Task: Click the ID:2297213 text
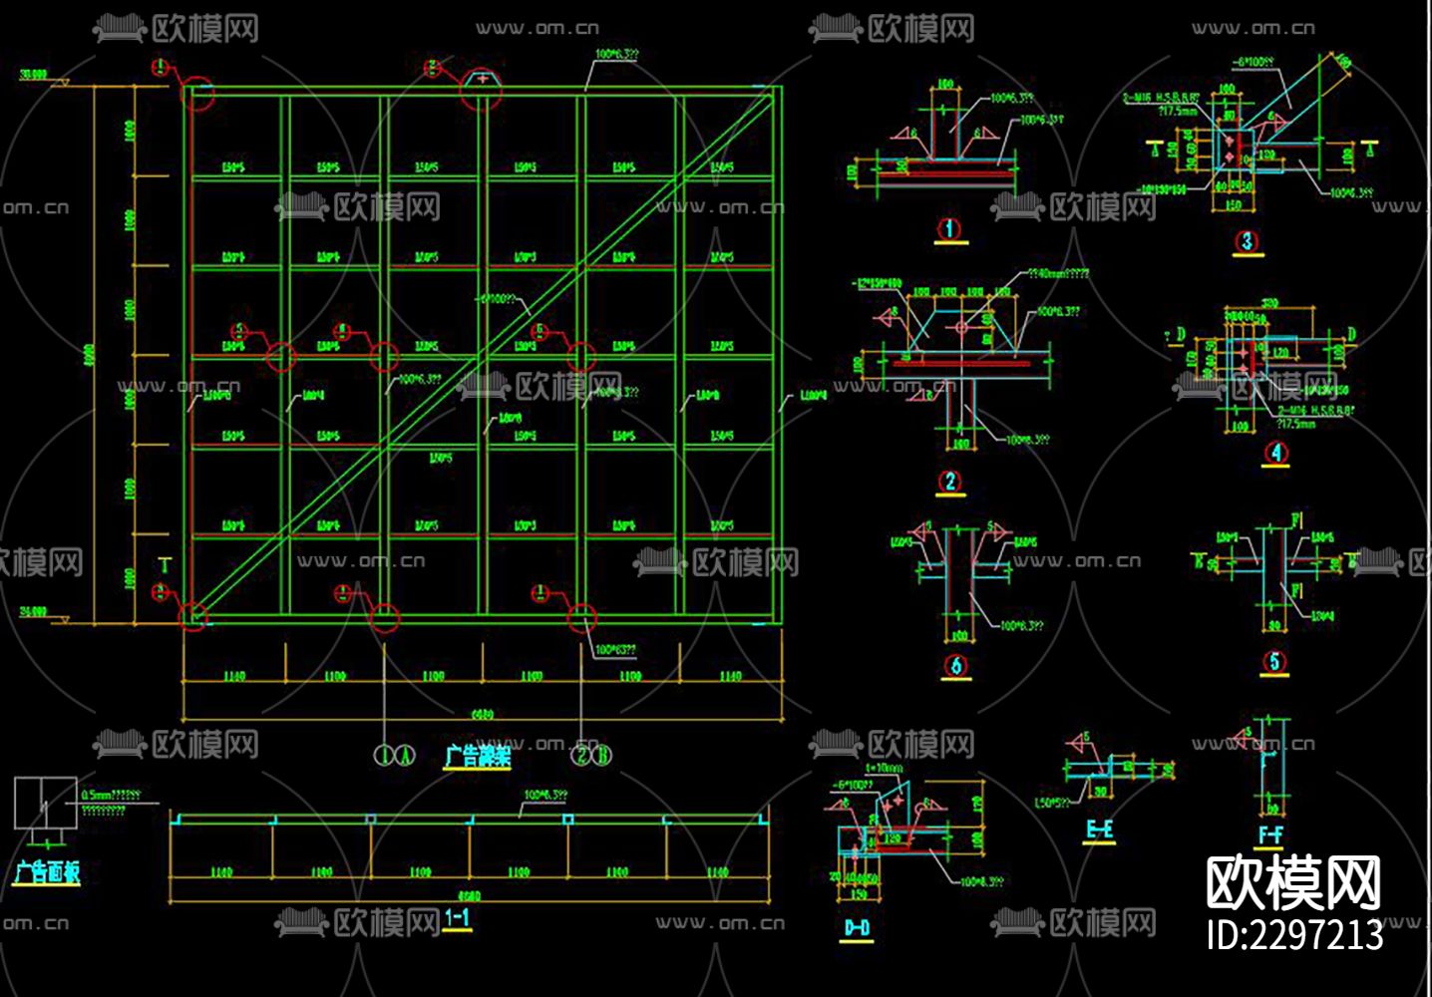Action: coord(1294,935)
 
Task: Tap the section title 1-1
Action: coord(458,918)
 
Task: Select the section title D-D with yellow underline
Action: coord(857,928)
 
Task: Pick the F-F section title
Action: coord(1270,834)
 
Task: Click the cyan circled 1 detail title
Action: coord(949,229)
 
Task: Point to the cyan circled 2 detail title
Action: coord(950,482)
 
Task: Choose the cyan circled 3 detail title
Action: coord(1247,241)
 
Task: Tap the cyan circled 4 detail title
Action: coord(1276,453)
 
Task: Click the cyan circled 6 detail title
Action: coord(956,665)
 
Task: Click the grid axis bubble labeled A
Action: coord(405,755)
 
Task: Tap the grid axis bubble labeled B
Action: coord(602,755)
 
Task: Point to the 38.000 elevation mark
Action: coord(33,75)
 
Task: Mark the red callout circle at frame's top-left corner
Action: coord(198,95)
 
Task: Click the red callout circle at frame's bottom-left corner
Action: coord(192,615)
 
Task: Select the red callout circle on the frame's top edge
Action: coord(480,90)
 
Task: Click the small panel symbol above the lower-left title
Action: coord(45,803)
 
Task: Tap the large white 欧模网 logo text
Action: coord(1293,882)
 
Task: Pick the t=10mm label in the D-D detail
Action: coord(884,769)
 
